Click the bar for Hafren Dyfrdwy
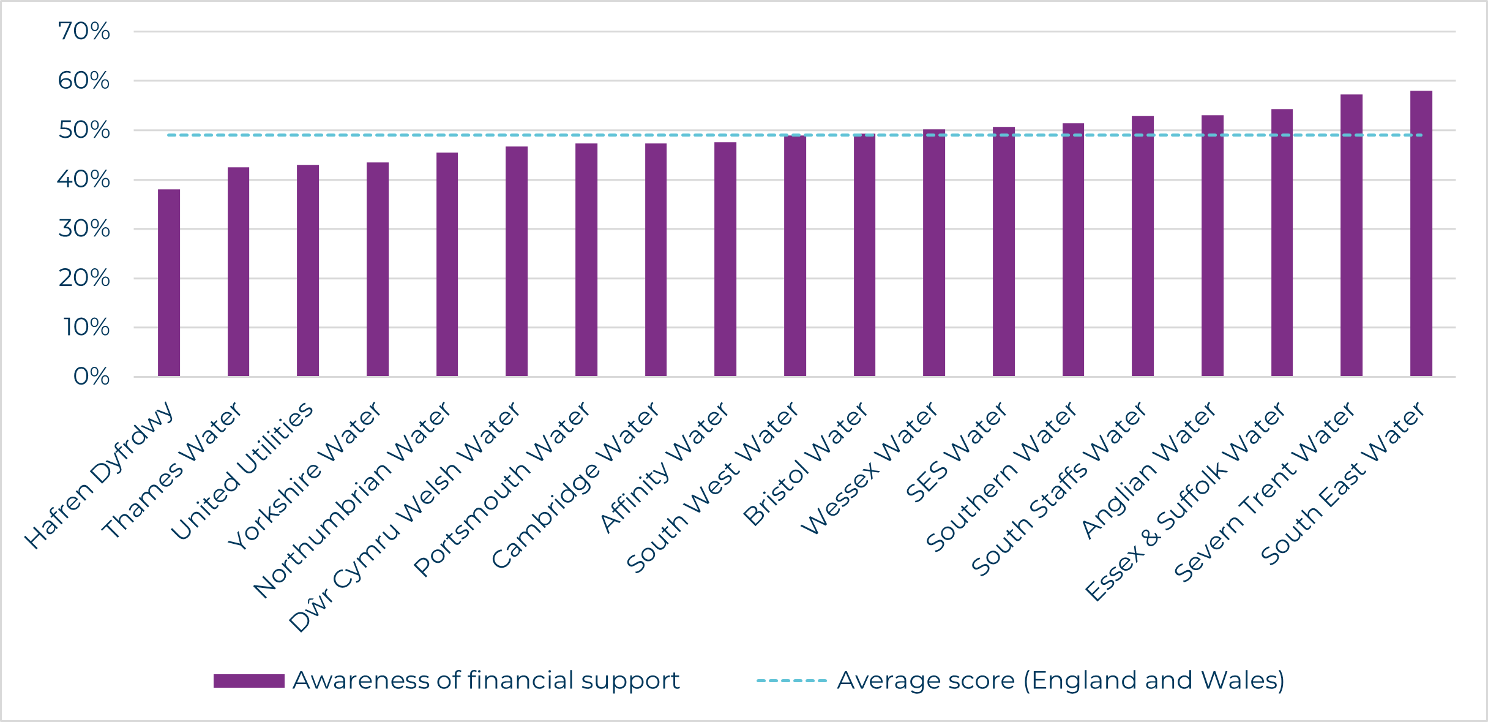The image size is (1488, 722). (x=169, y=283)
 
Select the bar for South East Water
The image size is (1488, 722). (x=1421, y=233)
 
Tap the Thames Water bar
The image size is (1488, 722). (x=238, y=272)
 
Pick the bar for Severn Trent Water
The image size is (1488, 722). (x=1351, y=235)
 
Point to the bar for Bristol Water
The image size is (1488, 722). (x=864, y=255)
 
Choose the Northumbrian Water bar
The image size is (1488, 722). (x=447, y=265)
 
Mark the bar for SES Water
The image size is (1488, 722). (x=1003, y=251)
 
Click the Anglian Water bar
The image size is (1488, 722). (x=1212, y=246)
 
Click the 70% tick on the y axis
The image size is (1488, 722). (x=84, y=31)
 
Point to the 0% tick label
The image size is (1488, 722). (x=91, y=377)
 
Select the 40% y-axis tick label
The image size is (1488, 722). (x=84, y=179)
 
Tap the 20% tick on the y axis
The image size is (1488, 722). (x=84, y=278)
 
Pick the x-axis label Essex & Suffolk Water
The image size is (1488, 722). (x=1185, y=502)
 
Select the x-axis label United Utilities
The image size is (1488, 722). (x=242, y=471)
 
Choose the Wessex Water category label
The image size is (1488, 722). (x=869, y=468)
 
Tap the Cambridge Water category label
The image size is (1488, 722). (x=575, y=485)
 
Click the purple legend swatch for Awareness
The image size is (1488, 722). (x=249, y=681)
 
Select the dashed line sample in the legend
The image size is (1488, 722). (x=791, y=680)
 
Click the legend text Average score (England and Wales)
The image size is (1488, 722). (x=1061, y=680)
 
